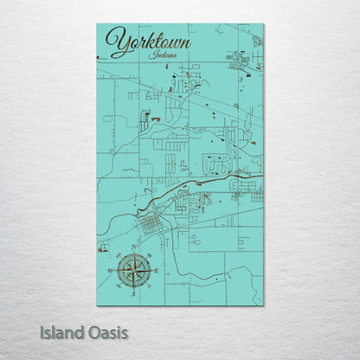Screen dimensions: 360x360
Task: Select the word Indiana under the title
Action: click(162, 55)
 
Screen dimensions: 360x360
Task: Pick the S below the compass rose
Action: click(133, 293)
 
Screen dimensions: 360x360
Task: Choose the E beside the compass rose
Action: click(156, 271)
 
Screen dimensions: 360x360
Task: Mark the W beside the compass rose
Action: click(111, 271)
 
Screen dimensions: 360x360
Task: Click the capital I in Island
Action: click(42, 331)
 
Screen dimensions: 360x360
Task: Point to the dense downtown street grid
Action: click(150, 227)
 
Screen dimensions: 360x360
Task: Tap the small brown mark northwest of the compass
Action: click(103, 251)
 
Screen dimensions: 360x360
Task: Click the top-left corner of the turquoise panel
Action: click(98, 25)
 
